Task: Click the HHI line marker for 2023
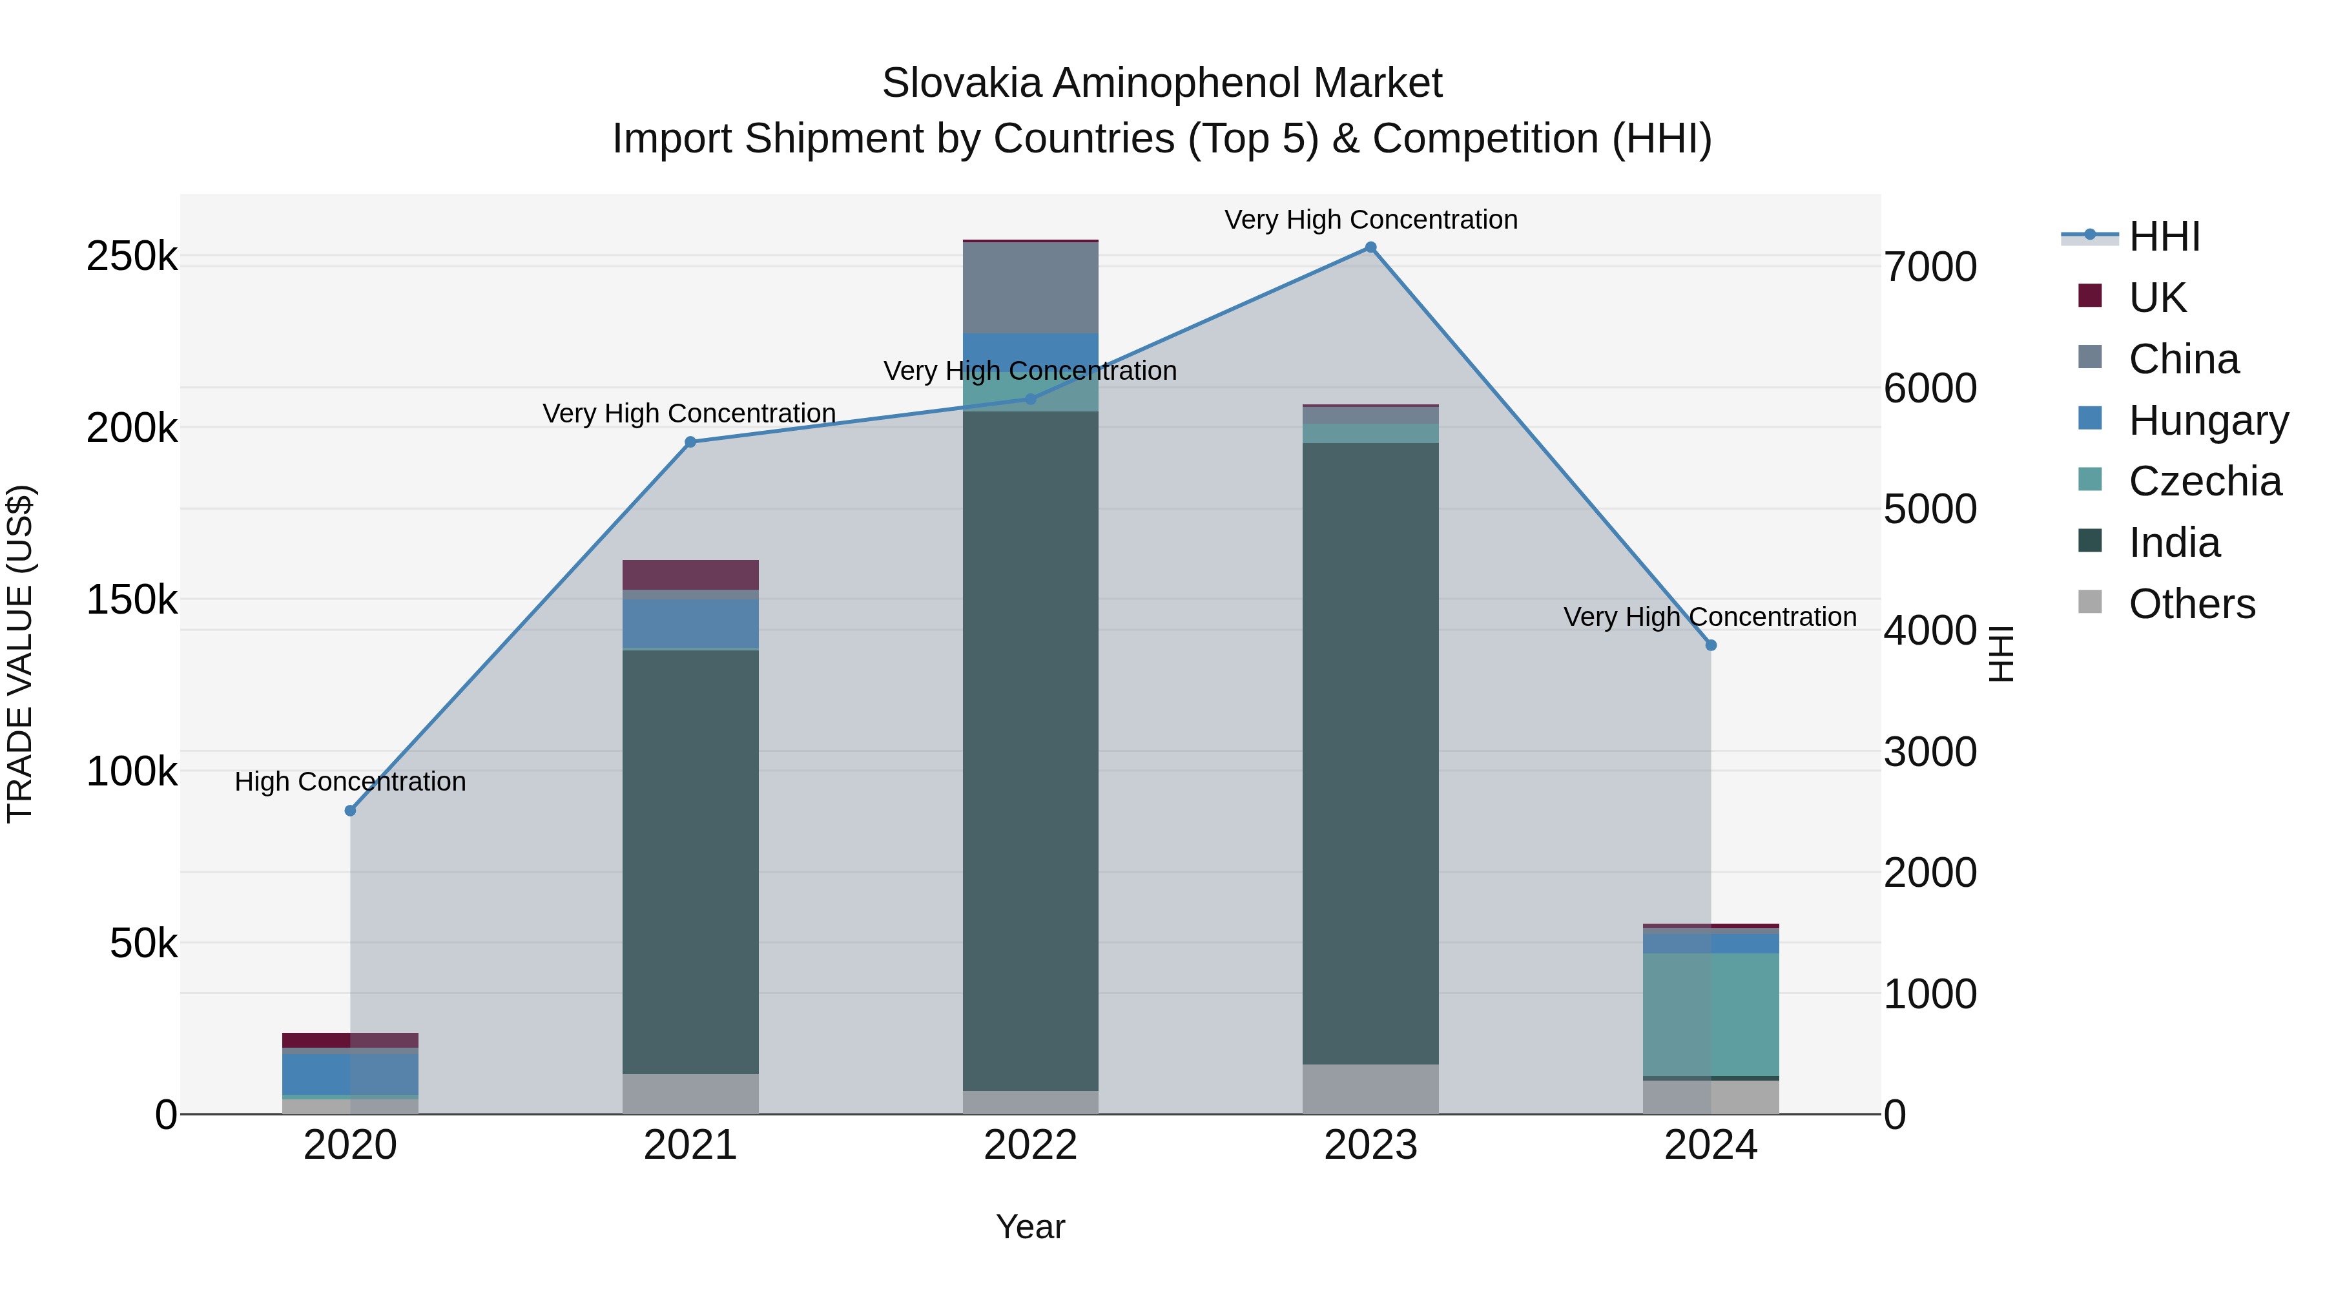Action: (1370, 247)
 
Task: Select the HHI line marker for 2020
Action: (350, 811)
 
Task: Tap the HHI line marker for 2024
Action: (1710, 645)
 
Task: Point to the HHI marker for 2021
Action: (690, 442)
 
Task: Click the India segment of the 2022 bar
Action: (1031, 749)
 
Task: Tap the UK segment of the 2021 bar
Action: (690, 575)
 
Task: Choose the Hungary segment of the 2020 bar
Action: (350, 1074)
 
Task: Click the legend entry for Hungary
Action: (2207, 420)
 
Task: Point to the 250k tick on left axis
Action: (132, 256)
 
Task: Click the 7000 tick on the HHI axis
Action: (1930, 267)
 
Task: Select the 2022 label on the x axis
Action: (1031, 1145)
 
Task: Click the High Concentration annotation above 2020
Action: (350, 782)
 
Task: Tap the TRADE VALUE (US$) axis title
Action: (21, 654)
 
